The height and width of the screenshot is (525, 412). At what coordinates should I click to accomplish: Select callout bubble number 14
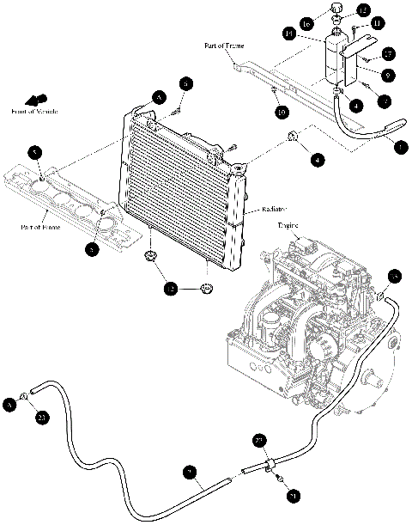[313, 34]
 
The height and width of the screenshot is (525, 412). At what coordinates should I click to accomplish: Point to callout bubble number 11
[378, 23]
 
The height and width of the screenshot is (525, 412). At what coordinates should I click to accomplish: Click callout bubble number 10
[282, 112]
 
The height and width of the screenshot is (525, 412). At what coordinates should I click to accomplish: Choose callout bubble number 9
[388, 76]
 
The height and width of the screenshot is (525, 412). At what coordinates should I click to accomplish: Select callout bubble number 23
[42, 418]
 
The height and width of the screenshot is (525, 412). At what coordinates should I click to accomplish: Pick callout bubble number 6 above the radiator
[186, 83]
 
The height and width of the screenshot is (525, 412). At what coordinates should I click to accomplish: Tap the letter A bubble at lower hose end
[11, 402]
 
